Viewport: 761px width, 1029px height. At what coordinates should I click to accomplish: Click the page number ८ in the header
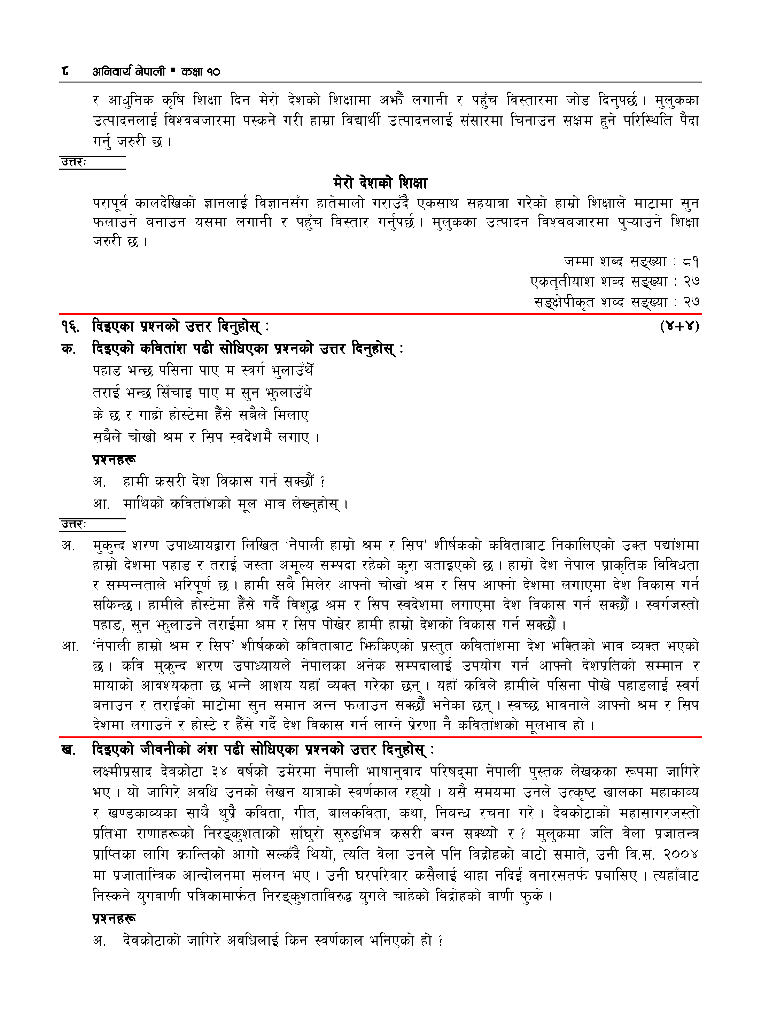pos(65,71)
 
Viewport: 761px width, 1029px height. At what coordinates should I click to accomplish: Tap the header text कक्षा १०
pos(200,71)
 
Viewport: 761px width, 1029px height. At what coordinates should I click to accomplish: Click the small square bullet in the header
pos(173,70)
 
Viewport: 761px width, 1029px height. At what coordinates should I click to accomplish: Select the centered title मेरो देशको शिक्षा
pos(380,183)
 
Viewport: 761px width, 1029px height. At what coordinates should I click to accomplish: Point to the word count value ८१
pos(691,262)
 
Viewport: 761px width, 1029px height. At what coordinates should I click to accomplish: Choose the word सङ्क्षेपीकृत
pos(564,302)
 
